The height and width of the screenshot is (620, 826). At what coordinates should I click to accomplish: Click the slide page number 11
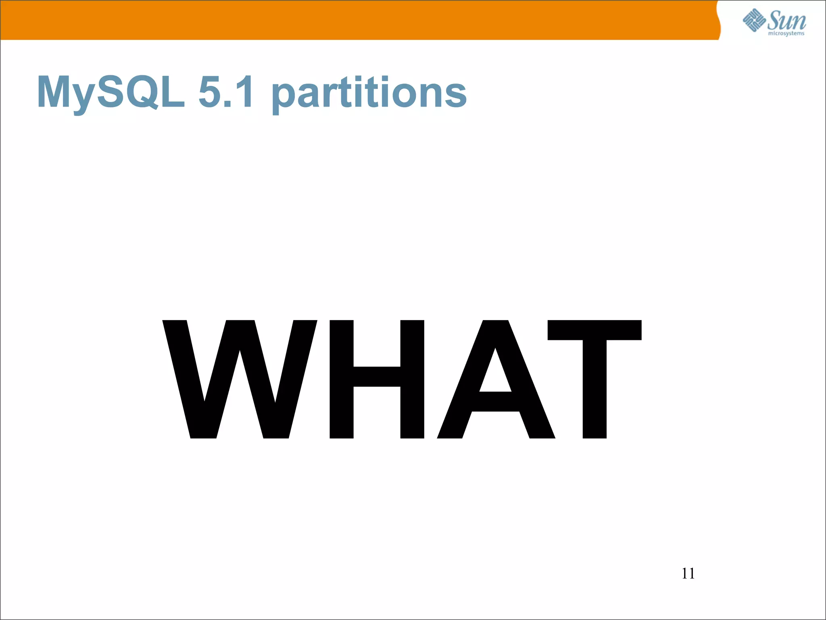pyautogui.click(x=688, y=573)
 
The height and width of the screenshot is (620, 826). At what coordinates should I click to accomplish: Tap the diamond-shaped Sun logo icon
pyautogui.click(x=754, y=20)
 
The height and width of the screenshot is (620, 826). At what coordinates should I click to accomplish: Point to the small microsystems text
pyautogui.click(x=786, y=34)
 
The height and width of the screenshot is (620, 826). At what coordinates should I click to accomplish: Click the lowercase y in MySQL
pyautogui.click(x=84, y=97)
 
